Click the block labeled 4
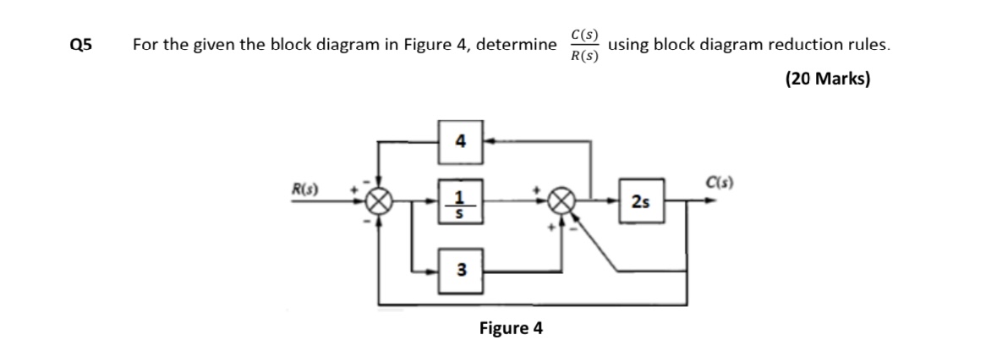point(459,140)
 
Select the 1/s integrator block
point(459,203)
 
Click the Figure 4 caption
point(510,327)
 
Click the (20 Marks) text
point(827,79)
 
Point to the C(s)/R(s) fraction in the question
point(584,46)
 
